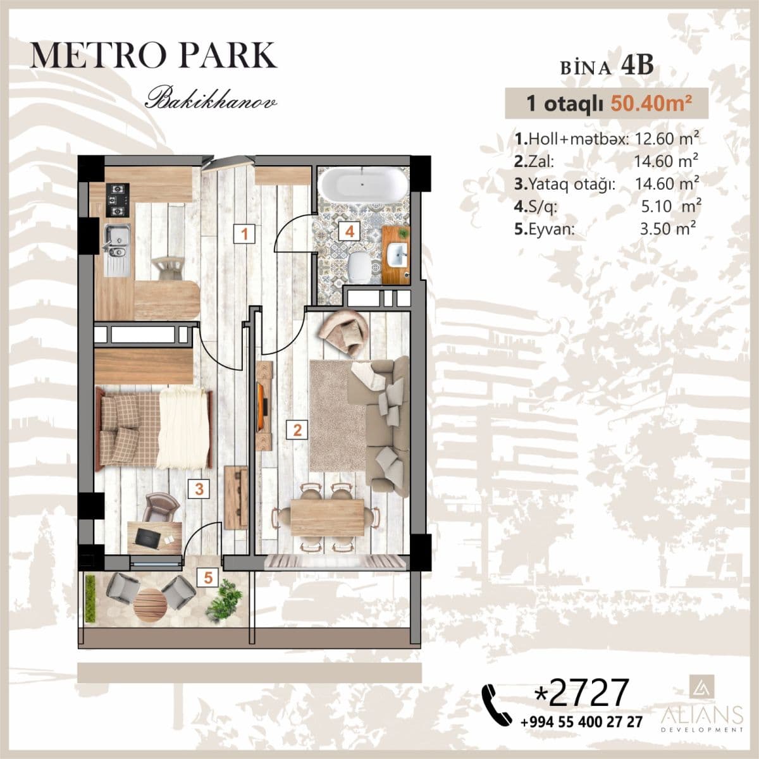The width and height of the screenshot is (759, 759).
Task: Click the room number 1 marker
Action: pyautogui.click(x=244, y=234)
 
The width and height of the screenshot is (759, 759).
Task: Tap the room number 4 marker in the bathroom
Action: pyautogui.click(x=350, y=231)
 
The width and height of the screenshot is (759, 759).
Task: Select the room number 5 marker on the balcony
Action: pyautogui.click(x=208, y=578)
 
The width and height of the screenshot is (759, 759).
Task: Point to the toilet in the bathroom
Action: pyautogui.click(x=359, y=267)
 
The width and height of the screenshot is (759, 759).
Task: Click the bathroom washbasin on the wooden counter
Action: pyautogui.click(x=397, y=254)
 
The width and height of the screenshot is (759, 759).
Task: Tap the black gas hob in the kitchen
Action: pyautogui.click(x=118, y=201)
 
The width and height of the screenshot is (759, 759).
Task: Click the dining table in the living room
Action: pyautogui.click(x=328, y=517)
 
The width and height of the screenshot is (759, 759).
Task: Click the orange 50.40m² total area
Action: pyautogui.click(x=651, y=104)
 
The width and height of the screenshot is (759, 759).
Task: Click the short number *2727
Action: pyautogui.click(x=581, y=692)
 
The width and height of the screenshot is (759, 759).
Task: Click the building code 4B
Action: pyautogui.click(x=637, y=65)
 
